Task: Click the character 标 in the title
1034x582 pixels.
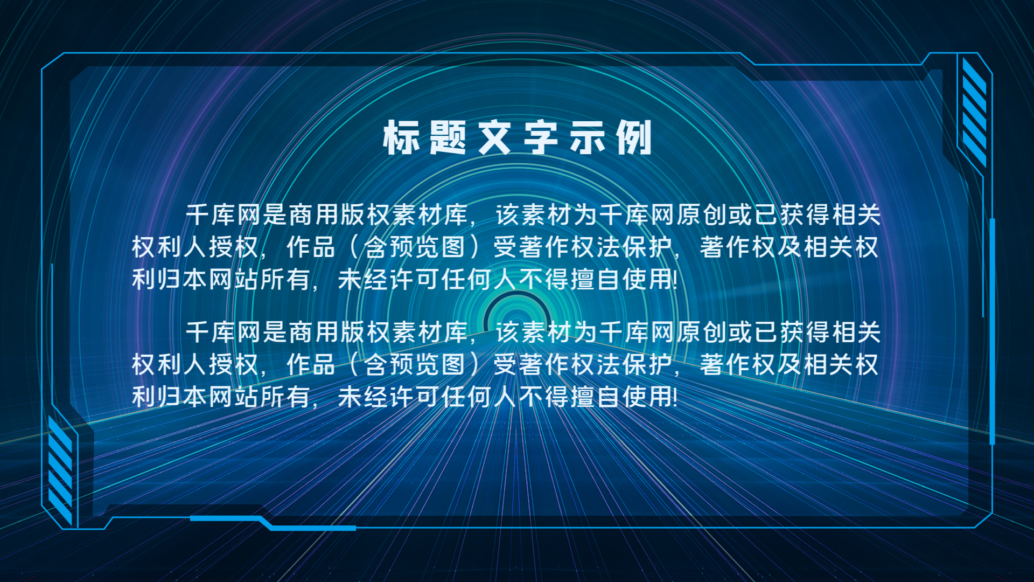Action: (x=401, y=137)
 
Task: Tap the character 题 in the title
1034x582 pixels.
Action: (x=448, y=137)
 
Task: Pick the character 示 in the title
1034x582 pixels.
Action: (x=588, y=137)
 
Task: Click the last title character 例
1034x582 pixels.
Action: (x=634, y=137)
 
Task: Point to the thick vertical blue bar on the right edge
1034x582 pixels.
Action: (x=992, y=331)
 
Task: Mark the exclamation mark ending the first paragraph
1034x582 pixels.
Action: (x=675, y=279)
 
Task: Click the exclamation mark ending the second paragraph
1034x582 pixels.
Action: (x=675, y=397)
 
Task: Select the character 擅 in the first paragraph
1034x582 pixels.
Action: (x=583, y=279)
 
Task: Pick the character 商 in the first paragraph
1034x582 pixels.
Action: (x=302, y=214)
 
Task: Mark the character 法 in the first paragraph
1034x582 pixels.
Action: (x=609, y=247)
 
